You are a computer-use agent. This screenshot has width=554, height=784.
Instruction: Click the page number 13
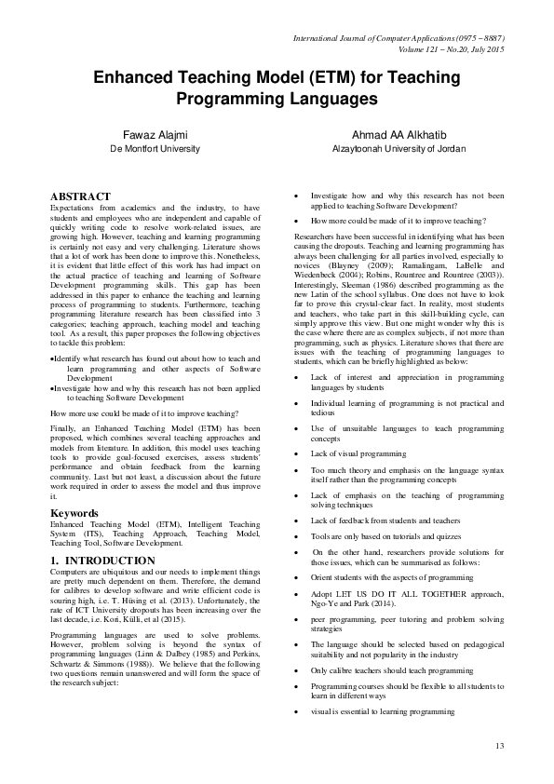tap(499, 745)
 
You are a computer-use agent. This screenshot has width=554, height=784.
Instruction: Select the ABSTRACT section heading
tap(79, 197)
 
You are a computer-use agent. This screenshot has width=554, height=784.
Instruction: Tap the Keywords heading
tap(75, 513)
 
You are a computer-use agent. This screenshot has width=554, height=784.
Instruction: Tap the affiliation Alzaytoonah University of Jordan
tap(399, 148)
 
